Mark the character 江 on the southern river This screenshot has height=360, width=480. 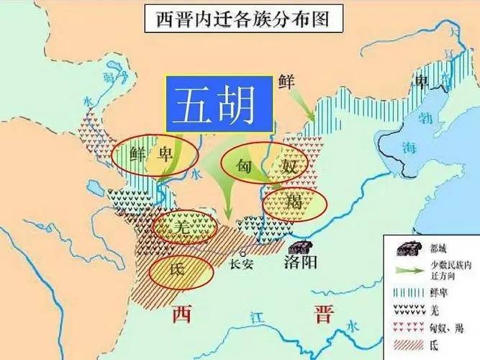pyautogui.click(x=251, y=316)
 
